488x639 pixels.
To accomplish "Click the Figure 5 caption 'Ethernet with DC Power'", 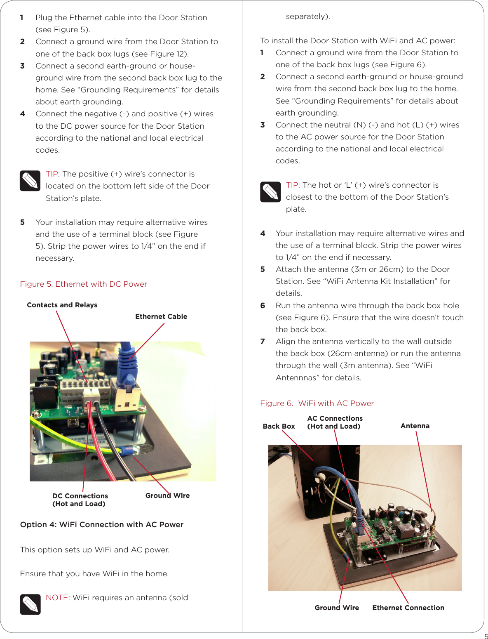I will coord(84,284).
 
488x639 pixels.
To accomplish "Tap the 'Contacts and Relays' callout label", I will coord(62,305).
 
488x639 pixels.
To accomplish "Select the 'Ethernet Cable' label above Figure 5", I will coord(161,316).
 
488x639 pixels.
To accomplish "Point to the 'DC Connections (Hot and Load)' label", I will coord(80,500).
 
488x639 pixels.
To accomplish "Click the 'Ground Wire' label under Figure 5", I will coord(167,495).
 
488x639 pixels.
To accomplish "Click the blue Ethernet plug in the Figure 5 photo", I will coord(127,365).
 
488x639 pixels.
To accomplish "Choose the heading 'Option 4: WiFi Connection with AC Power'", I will coord(102,525).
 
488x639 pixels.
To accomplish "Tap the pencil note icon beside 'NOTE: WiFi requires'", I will coord(30,604).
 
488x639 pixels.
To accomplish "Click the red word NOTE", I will coord(57,598).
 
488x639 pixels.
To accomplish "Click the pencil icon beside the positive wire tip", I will coord(30,181).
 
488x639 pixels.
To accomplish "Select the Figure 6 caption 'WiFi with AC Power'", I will coord(317,403).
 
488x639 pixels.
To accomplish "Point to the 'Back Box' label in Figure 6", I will coord(279,426).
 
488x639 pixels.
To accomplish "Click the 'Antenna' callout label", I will coord(415,426).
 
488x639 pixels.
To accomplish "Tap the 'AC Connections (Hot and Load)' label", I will coord(335,422).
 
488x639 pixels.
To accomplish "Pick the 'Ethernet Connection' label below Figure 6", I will coord(408,608).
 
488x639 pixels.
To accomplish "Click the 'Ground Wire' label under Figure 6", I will coord(337,608).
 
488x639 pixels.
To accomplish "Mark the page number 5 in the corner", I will coord(486,636).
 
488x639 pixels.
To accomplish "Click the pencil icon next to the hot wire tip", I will coord(270,192).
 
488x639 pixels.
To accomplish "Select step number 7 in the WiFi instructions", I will coord(263,342).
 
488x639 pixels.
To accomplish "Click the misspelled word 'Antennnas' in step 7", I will coord(297,378).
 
